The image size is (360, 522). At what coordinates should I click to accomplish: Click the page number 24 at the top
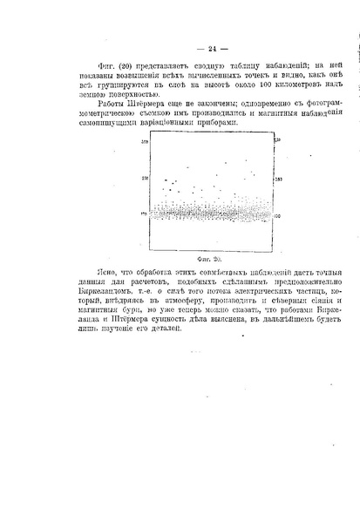coord(180,49)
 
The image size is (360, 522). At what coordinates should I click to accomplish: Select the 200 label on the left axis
coord(146,177)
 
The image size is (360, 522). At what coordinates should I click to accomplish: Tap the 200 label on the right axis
coord(278,178)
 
